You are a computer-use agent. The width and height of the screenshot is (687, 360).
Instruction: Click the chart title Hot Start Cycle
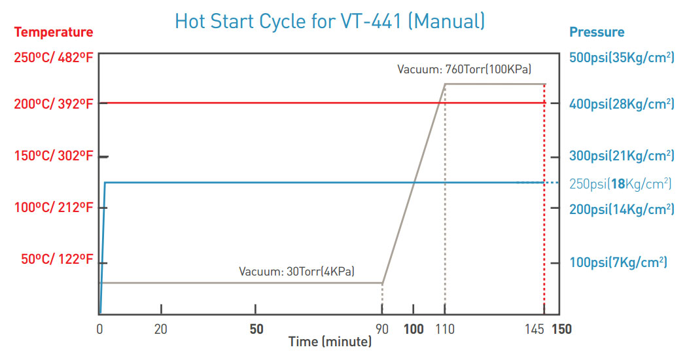pos(330,22)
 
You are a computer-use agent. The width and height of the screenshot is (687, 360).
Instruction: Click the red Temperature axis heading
pos(54,32)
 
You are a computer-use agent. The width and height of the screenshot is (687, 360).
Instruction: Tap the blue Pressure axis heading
pos(596,32)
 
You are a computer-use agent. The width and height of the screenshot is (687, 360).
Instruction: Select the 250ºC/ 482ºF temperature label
pos(54,58)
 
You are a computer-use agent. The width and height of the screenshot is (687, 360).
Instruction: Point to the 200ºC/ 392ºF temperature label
pos(54,103)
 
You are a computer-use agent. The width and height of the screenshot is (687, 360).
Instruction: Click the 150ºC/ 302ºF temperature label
pos(54,156)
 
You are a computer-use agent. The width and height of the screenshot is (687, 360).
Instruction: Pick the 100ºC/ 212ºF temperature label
pos(54,207)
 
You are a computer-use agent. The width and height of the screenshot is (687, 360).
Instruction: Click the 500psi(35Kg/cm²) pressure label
pos(622,58)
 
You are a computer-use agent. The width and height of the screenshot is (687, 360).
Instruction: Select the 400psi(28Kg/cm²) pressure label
pos(622,103)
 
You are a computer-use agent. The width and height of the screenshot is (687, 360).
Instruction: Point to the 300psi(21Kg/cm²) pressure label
pos(622,156)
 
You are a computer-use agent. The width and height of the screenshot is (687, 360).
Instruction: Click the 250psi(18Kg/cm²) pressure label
pos(620,184)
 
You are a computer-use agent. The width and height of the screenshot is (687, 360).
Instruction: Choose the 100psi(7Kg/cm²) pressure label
pos(618,262)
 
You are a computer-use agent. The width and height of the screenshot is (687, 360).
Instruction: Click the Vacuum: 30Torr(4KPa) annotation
pos(296,272)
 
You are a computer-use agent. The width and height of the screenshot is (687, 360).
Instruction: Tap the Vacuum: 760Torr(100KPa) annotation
pos(464,69)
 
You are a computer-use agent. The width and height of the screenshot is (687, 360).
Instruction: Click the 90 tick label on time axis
pos(382,329)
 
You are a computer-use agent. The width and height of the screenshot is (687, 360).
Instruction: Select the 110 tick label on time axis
pos(445,329)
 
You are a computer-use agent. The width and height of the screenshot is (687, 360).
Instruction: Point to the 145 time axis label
pos(535,329)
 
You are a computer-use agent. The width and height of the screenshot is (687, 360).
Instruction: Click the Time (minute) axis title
pos(330,342)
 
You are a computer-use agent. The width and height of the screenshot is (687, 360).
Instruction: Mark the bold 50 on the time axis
pos(256,329)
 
